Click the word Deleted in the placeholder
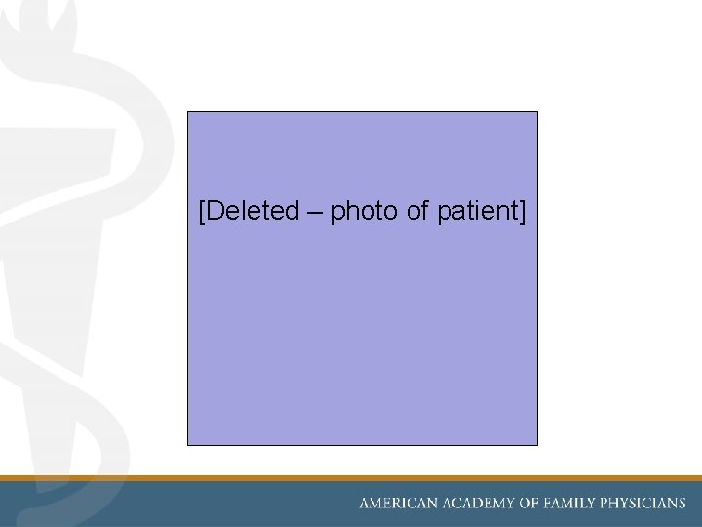point(253,210)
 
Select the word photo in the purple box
point(364,211)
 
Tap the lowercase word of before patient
point(416,210)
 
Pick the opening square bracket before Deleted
point(201,211)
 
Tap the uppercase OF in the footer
point(530,504)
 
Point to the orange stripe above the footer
point(351,478)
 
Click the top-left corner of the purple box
point(188,112)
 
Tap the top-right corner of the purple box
point(537,112)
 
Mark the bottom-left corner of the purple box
point(188,444)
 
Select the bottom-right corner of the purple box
point(537,444)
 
